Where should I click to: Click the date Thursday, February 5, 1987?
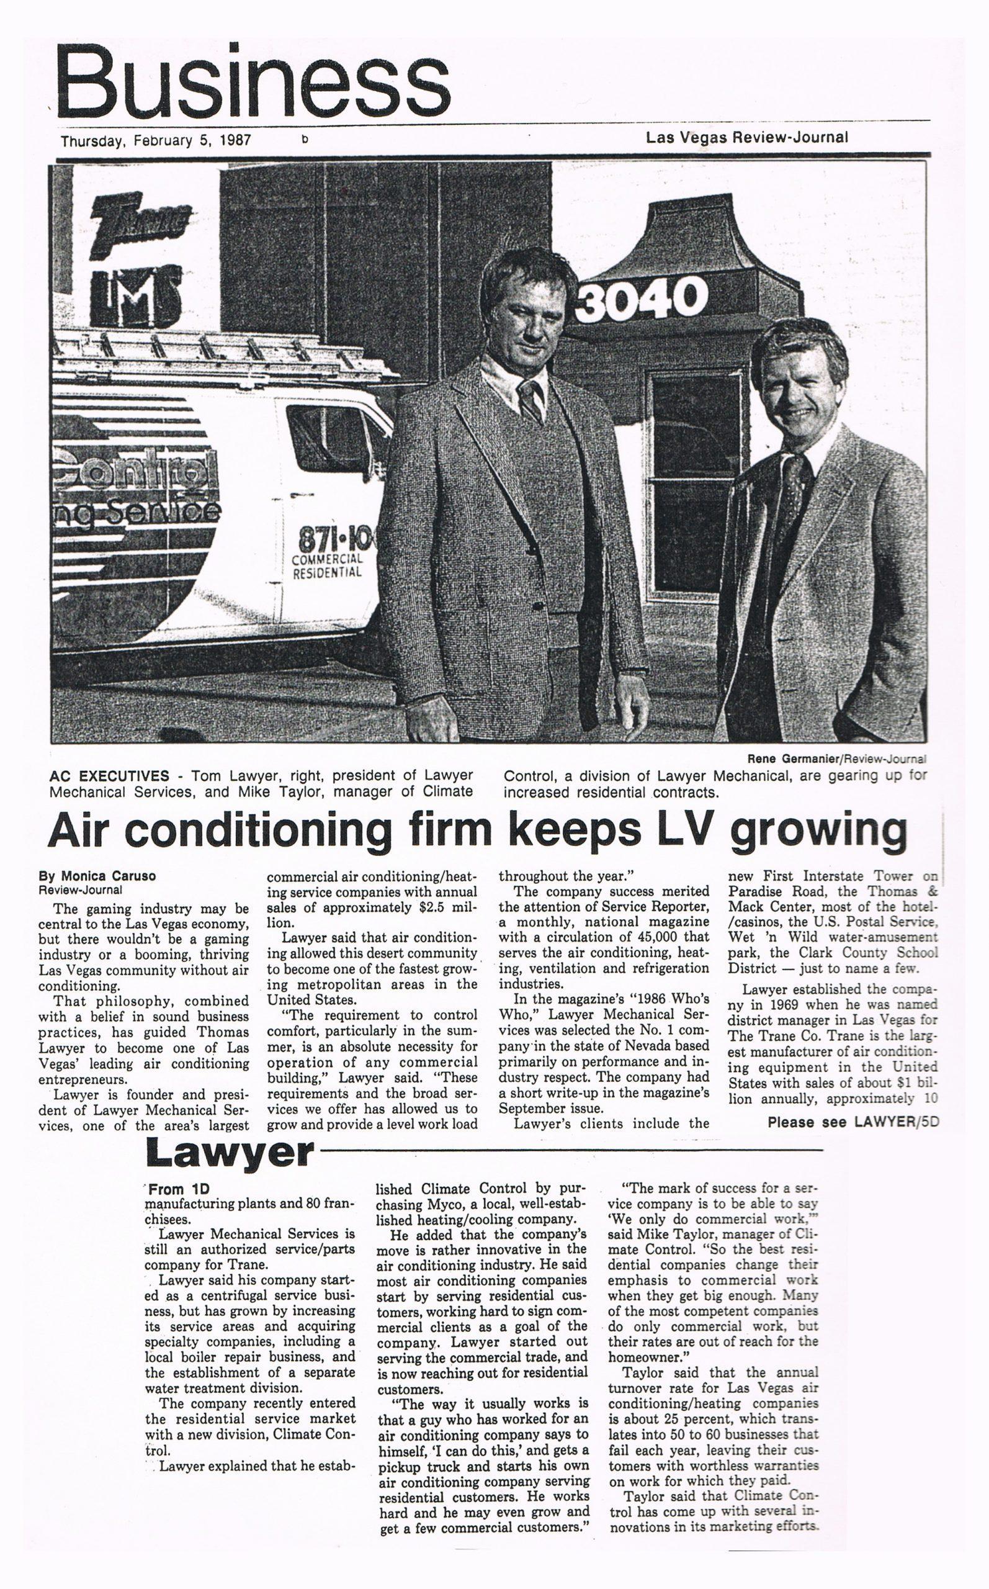point(156,140)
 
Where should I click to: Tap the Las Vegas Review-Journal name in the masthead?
point(746,137)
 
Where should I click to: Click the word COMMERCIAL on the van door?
point(326,560)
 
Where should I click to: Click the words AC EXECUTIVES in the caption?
point(109,776)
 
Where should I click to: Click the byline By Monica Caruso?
point(97,876)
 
